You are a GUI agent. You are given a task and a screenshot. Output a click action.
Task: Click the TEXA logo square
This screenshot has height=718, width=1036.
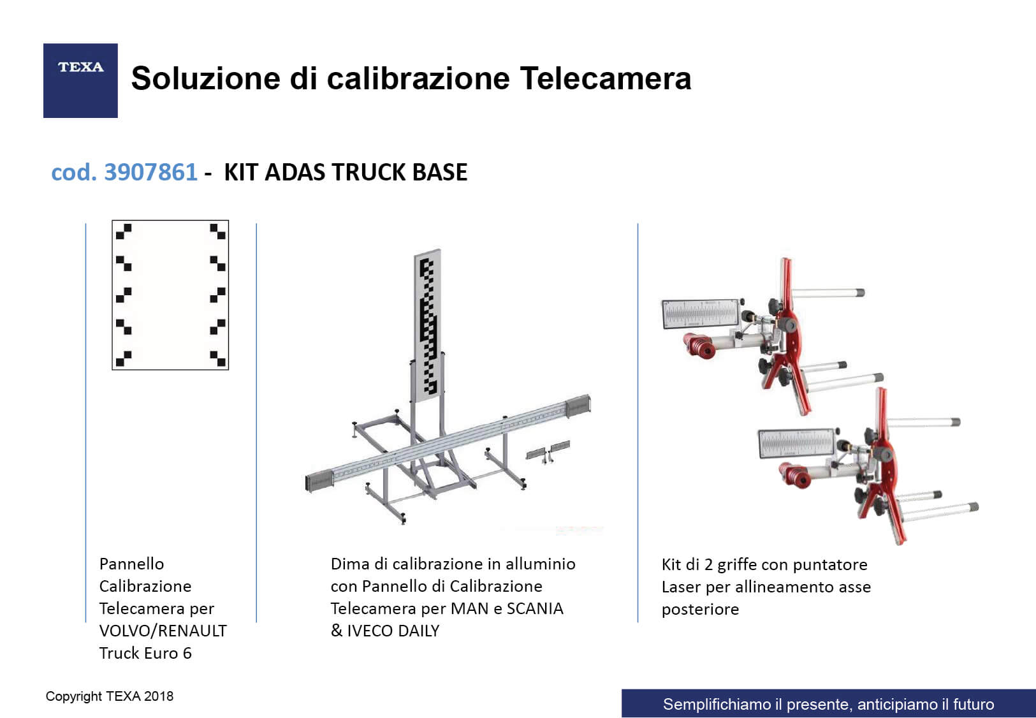(x=80, y=80)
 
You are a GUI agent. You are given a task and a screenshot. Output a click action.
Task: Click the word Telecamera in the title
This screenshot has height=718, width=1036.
(x=606, y=78)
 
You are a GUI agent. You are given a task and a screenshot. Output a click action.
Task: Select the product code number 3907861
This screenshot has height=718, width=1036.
(x=150, y=172)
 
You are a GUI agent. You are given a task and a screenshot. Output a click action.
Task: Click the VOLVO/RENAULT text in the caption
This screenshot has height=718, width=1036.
(x=163, y=631)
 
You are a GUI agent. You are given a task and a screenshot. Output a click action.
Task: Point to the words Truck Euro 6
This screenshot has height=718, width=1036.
(x=145, y=653)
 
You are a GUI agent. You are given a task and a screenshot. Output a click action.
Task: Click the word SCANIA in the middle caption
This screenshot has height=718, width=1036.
(x=535, y=608)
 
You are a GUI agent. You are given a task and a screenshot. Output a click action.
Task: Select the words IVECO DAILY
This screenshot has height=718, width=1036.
(x=393, y=631)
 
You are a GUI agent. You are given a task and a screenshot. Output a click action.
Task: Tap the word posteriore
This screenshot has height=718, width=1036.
(x=700, y=610)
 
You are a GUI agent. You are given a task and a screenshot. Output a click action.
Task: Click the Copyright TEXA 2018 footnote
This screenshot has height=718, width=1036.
(x=109, y=696)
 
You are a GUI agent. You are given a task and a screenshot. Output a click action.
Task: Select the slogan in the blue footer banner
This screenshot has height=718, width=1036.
(x=828, y=704)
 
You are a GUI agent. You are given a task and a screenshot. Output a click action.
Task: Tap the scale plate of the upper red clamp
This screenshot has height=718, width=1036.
(x=701, y=314)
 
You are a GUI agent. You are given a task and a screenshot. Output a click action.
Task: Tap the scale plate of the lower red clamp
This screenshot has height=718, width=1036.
(x=797, y=443)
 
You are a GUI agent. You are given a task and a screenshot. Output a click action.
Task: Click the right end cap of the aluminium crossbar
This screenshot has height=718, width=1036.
(x=579, y=406)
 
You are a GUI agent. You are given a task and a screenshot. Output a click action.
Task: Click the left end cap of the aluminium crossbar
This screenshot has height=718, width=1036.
(x=319, y=481)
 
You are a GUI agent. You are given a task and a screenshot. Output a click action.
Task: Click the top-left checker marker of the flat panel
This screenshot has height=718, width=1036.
(x=124, y=231)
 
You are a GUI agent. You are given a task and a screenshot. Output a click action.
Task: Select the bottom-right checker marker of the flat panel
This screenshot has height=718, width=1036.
(x=218, y=358)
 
